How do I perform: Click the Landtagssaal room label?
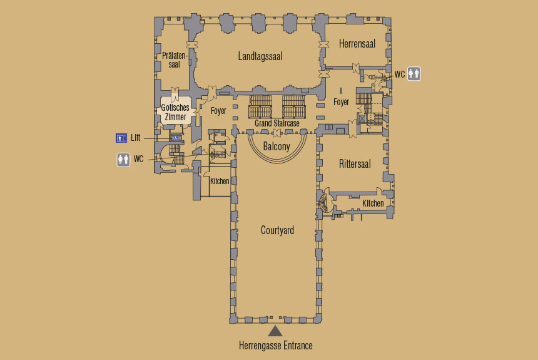pyautogui.click(x=260, y=56)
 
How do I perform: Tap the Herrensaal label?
pyautogui.click(x=357, y=44)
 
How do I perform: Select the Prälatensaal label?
pyautogui.click(x=175, y=59)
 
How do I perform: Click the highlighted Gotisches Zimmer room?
pyautogui.click(x=175, y=110)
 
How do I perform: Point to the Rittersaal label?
pyautogui.click(x=355, y=164)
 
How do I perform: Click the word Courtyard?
pyautogui.click(x=277, y=230)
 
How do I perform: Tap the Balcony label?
pyautogui.click(x=277, y=147)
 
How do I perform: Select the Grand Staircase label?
pyautogui.click(x=277, y=123)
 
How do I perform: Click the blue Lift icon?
pyautogui.click(x=121, y=138)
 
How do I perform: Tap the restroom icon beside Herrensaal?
pyautogui.click(x=414, y=73)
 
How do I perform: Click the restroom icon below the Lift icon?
pyautogui.click(x=123, y=160)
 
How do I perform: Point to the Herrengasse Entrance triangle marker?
pyautogui.click(x=275, y=331)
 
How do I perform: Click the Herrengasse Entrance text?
pyautogui.click(x=275, y=346)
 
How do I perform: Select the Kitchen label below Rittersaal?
pyautogui.click(x=373, y=203)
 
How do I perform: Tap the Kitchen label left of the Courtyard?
pyautogui.click(x=220, y=181)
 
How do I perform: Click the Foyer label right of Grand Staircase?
pyautogui.click(x=341, y=102)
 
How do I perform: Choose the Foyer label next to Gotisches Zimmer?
pyautogui.click(x=218, y=111)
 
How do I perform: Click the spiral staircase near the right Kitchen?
pyautogui.click(x=325, y=203)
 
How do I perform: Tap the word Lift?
pyautogui.click(x=136, y=138)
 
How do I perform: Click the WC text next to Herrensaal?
pyautogui.click(x=400, y=75)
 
